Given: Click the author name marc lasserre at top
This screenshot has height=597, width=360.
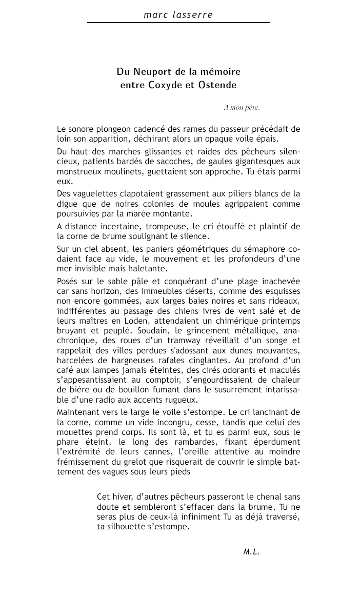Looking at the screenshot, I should pos(178,15).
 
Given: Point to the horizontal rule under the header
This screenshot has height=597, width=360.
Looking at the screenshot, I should pos(178,23).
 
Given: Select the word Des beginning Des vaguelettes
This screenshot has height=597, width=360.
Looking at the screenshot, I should pos(65,193).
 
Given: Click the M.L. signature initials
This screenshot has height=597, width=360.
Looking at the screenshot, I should pos(251,552).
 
